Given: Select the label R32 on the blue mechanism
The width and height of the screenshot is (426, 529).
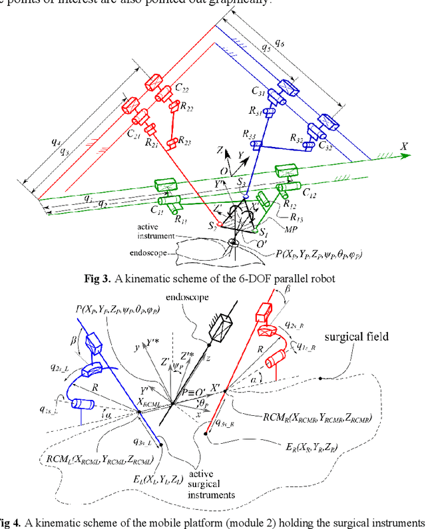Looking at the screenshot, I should [x=300, y=137].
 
